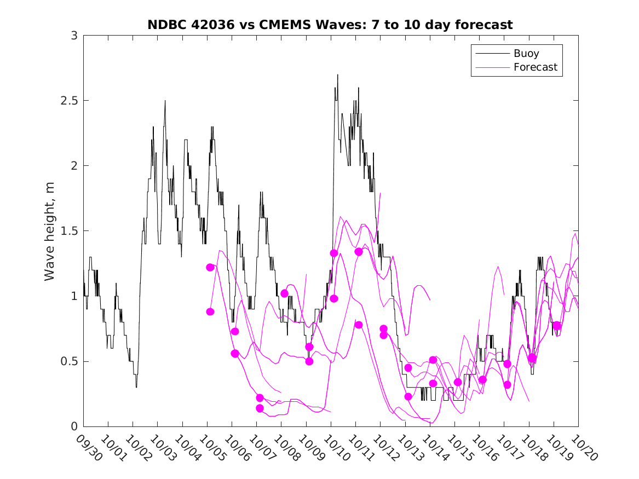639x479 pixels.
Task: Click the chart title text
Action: click(x=330, y=25)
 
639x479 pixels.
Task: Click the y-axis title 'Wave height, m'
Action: click(x=50, y=230)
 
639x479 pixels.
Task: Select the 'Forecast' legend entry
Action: click(x=536, y=67)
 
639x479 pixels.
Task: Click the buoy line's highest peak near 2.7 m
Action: click(x=337, y=75)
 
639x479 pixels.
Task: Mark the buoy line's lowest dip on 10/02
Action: click(x=136, y=387)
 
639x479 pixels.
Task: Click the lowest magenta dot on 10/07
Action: click(x=260, y=408)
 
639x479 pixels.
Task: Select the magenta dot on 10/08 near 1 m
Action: click(x=284, y=293)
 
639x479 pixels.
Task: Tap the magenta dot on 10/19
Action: click(x=557, y=326)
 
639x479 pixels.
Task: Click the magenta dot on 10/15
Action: click(x=458, y=382)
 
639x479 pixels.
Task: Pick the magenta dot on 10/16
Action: click(x=482, y=379)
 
